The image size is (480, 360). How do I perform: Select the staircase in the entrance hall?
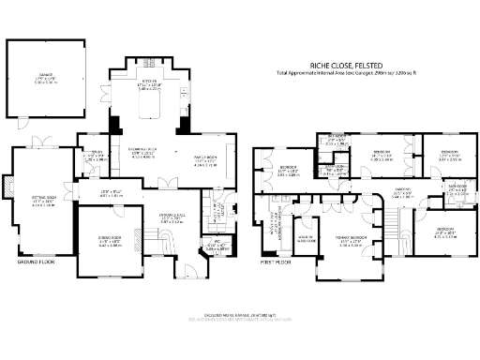pyautogui.click(x=163, y=243)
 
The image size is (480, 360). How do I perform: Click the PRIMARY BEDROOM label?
pyautogui.click(x=351, y=241)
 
